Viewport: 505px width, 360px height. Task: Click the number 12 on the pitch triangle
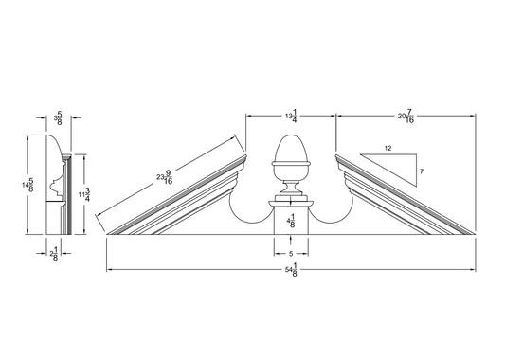tap(389, 149)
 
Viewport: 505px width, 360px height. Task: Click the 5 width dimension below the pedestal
tap(291, 253)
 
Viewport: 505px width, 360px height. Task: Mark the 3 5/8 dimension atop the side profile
tap(59, 118)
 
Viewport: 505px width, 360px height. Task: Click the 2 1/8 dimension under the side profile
tap(55, 254)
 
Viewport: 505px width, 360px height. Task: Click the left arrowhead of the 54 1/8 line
tap(109, 271)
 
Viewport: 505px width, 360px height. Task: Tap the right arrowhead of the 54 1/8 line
tap(473, 271)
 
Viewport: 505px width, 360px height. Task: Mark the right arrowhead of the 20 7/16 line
tap(473, 116)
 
